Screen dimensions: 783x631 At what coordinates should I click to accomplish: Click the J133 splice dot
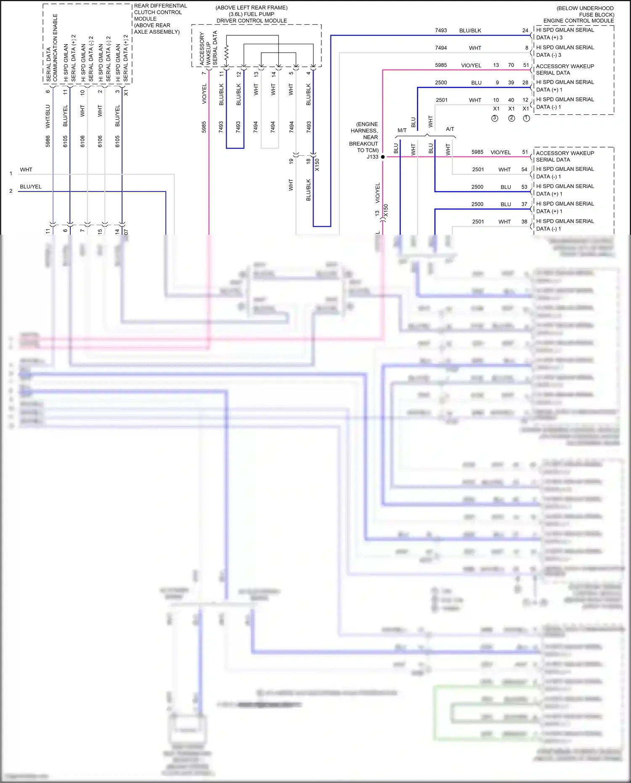coord(383,157)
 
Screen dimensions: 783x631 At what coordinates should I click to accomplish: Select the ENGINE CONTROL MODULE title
coord(578,21)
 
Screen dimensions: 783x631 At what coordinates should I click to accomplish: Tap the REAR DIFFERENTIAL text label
coord(160,6)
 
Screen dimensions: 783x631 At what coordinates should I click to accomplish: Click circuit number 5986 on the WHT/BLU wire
coord(48,141)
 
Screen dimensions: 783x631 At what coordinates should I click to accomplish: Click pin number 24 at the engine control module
coord(525,30)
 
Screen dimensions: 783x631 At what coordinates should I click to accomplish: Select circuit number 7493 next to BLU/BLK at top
coord(441,30)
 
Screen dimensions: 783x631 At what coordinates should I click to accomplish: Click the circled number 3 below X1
coord(495,118)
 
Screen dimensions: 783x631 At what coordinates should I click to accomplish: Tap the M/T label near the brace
coord(402,130)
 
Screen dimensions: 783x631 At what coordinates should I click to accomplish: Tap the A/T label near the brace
coord(450,129)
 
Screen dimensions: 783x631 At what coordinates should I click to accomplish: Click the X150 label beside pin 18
coord(317,165)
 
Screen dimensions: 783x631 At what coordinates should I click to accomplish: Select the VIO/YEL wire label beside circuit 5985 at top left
coord(204,94)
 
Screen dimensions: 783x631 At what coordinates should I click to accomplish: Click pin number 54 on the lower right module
coord(524,170)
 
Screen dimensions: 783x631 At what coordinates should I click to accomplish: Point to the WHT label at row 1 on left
coord(26,170)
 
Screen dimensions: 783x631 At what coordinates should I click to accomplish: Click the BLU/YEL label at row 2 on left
coord(31,187)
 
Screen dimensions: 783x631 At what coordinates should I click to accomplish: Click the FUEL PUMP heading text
coord(252,14)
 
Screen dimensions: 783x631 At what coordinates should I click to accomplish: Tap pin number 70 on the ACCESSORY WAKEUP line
coord(511,65)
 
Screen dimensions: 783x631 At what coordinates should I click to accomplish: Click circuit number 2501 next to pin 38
coord(478,222)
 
